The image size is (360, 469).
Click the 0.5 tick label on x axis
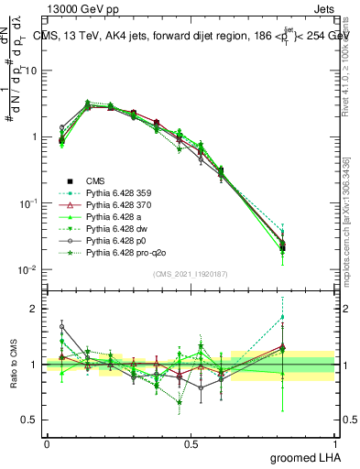[191, 443]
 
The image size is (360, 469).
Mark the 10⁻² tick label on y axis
[28, 269]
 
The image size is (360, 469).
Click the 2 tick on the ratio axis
[35, 309]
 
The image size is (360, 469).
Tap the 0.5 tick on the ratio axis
[31, 420]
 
